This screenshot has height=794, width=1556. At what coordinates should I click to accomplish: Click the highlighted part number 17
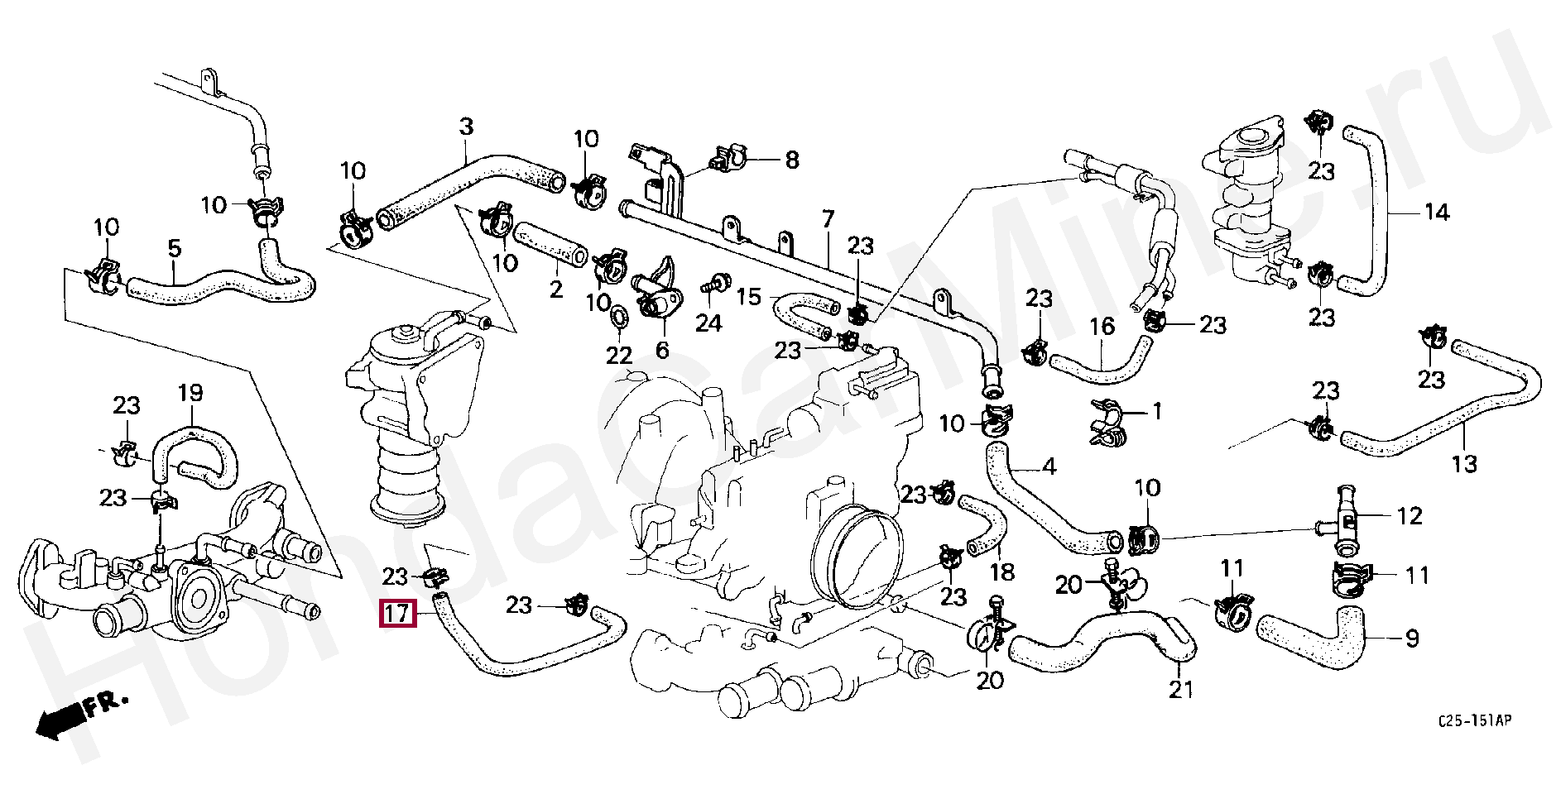pos(396,615)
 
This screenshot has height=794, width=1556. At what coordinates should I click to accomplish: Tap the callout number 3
pos(466,127)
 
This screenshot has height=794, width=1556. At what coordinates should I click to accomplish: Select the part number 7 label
pos(827,220)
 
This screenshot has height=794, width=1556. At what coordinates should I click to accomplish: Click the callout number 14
pos(1436,213)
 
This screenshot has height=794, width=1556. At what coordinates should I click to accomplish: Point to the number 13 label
pos(1464,463)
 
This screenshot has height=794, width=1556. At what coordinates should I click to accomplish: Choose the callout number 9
pos(1412,638)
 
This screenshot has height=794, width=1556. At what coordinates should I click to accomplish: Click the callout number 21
pos(1181,688)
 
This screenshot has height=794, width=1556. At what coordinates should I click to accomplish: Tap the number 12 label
pos(1410,516)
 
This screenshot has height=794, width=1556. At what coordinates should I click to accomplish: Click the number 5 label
pos(174,247)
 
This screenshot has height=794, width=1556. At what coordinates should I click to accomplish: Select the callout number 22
pos(618,356)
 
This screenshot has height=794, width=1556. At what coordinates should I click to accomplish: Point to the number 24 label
pos(708,323)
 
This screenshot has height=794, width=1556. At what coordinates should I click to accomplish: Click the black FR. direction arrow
pos(62,719)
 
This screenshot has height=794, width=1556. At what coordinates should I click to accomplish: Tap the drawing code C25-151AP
pos(1474,722)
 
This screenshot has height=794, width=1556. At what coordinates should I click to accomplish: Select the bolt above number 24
pos(708,286)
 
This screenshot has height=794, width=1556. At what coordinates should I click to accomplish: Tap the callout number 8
pos(792,160)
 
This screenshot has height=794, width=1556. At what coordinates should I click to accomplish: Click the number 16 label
pos(1102,328)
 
